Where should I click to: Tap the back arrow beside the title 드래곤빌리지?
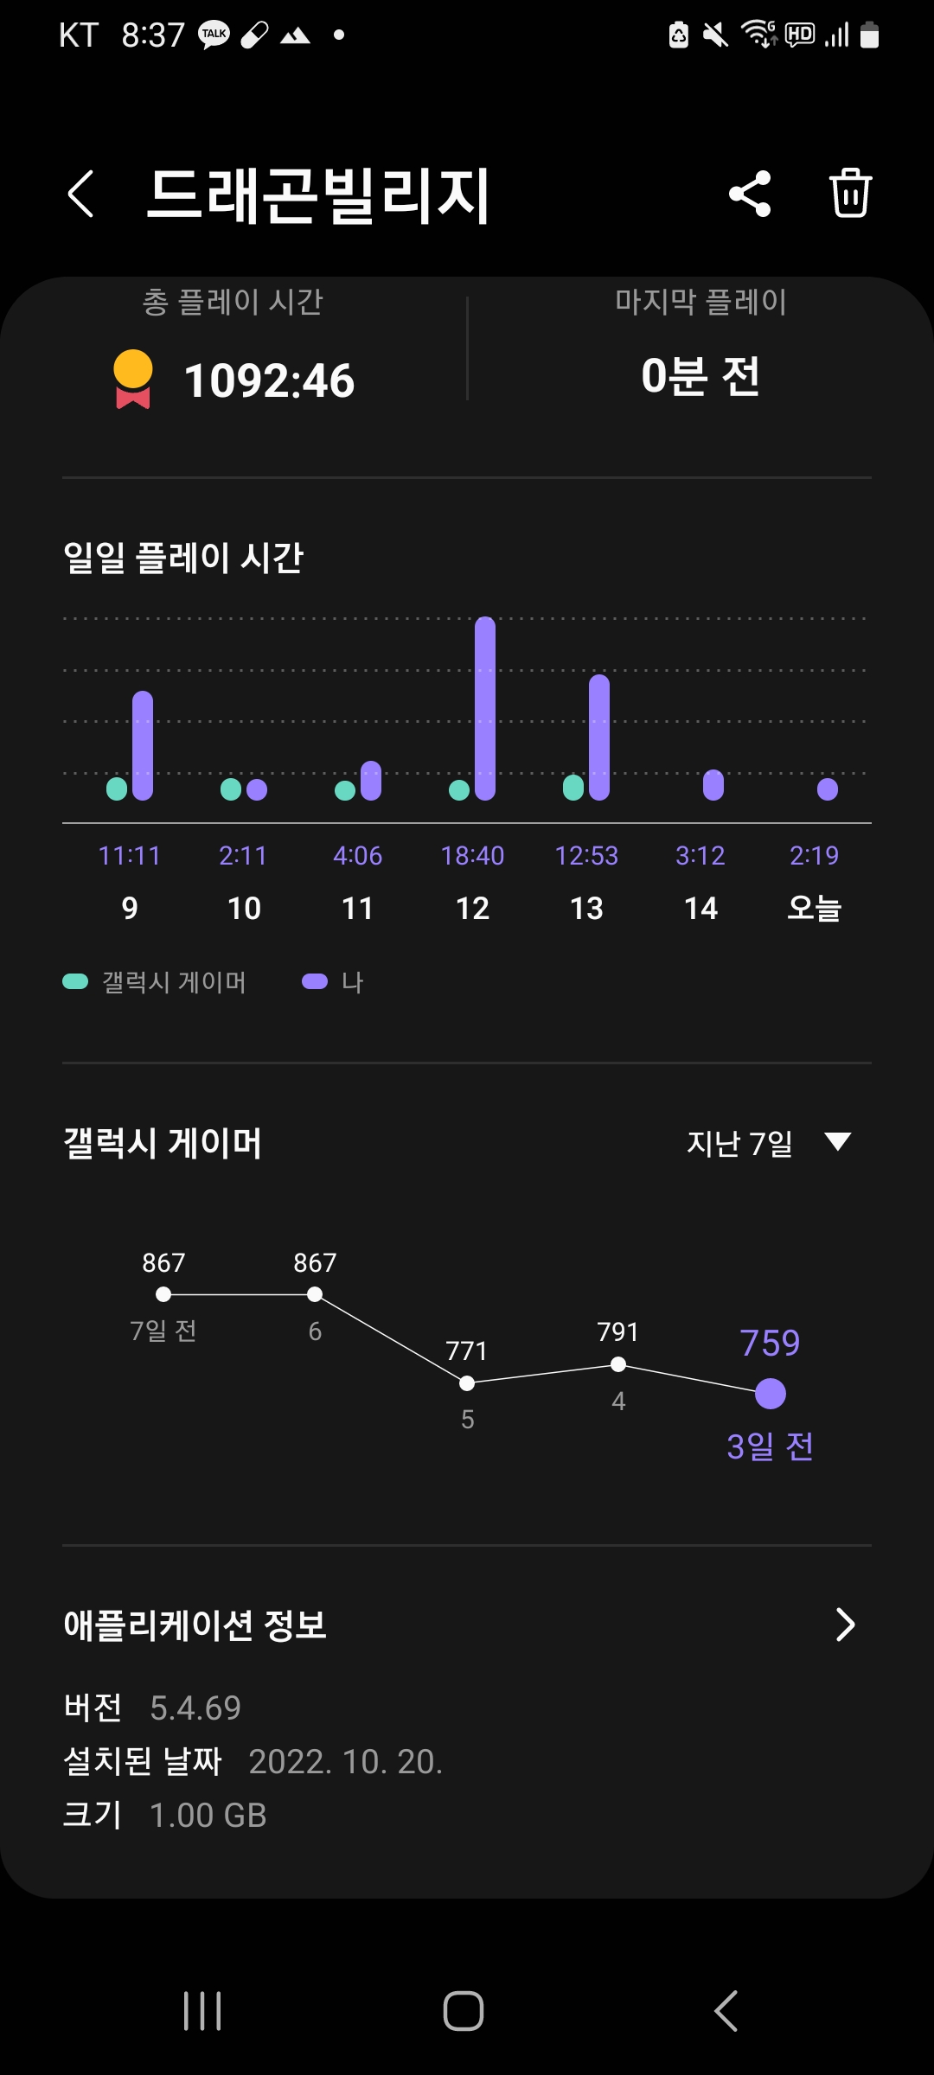click(x=80, y=194)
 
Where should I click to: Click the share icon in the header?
click(x=750, y=194)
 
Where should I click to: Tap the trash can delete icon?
click(x=850, y=194)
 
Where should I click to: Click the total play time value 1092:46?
click(x=269, y=380)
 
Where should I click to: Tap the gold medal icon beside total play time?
click(x=133, y=379)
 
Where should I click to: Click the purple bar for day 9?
click(x=143, y=745)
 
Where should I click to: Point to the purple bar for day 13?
click(x=599, y=737)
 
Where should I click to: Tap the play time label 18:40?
click(x=472, y=856)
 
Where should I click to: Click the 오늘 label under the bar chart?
click(x=814, y=908)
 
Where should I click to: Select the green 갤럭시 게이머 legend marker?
click(x=75, y=981)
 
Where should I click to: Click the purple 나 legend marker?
click(x=314, y=981)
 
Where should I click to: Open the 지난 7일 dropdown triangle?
click(x=837, y=1142)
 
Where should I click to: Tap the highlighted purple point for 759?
click(x=771, y=1394)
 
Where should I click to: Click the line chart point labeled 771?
click(x=467, y=1383)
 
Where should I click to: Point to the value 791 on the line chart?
click(x=617, y=1332)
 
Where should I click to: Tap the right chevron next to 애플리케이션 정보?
click(x=845, y=1625)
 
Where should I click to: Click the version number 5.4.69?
click(x=195, y=1708)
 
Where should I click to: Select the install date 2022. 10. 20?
click(x=345, y=1762)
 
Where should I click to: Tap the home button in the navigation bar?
click(x=464, y=2011)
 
